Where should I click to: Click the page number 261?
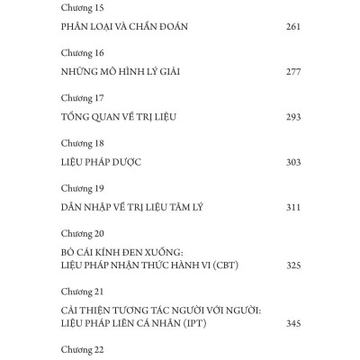pyautogui.click(x=292, y=27)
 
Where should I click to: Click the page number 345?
pyautogui.click(x=292, y=321)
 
